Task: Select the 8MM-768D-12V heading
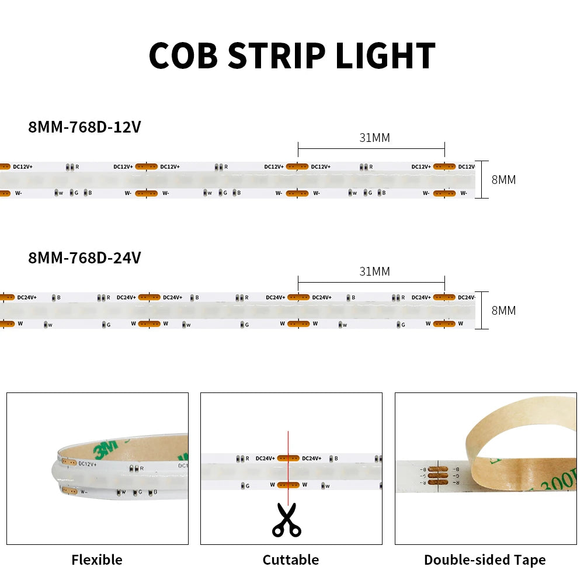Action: point(84,127)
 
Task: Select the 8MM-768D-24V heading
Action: point(84,258)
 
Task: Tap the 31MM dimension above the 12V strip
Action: point(374,138)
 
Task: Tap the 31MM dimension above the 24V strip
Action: point(374,272)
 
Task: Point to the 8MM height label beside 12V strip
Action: point(503,180)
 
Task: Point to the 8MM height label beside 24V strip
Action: point(503,311)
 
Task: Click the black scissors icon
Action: point(287,520)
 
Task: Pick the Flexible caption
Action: point(97,560)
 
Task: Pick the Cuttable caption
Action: point(290,560)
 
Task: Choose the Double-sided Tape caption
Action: point(485,560)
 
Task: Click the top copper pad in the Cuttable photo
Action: point(288,458)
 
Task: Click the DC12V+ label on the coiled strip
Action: point(88,464)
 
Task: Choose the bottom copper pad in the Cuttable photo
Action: point(288,484)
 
